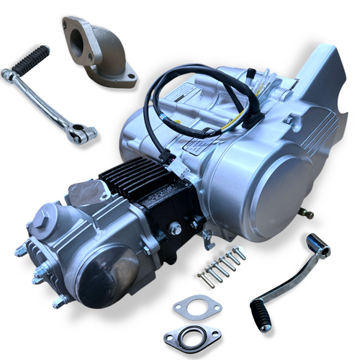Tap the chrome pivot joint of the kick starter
[82, 132]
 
